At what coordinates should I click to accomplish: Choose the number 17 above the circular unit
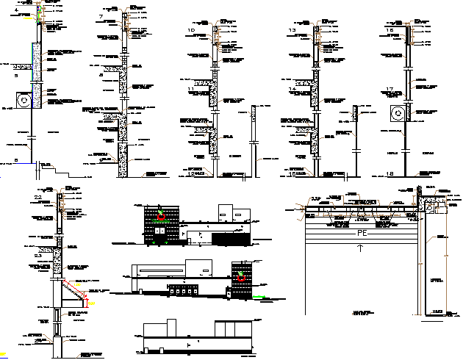(x=390, y=89)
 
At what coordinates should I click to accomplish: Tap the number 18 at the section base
(x=390, y=173)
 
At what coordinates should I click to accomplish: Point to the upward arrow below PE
(x=360, y=248)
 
